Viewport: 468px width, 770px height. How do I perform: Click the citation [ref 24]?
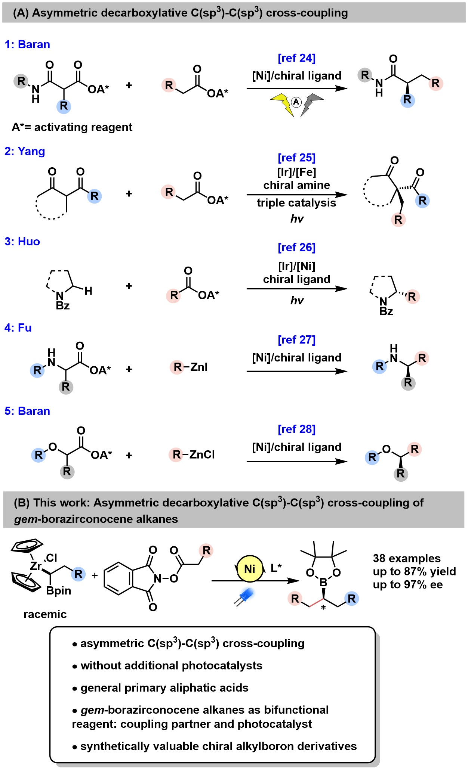296,58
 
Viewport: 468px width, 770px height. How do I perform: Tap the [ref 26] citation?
296,248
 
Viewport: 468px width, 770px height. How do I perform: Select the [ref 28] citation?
296,429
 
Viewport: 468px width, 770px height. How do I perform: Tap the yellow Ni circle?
249,569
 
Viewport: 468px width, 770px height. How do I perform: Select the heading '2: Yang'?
25,151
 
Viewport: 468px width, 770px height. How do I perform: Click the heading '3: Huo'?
22,242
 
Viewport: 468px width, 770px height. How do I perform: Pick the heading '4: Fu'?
18,328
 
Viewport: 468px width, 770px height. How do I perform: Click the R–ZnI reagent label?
189,367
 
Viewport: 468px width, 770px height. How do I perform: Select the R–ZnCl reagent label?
192,454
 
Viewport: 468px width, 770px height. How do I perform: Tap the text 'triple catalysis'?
296,203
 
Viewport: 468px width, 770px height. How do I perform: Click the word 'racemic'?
45,614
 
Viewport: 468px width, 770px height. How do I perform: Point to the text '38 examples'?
407,558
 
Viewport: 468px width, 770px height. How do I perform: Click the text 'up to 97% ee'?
407,584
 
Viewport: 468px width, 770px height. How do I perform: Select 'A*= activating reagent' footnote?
72,127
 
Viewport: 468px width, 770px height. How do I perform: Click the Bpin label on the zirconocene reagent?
59,591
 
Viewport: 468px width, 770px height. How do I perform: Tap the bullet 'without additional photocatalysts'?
171,665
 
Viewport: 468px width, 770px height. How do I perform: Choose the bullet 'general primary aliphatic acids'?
164,688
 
